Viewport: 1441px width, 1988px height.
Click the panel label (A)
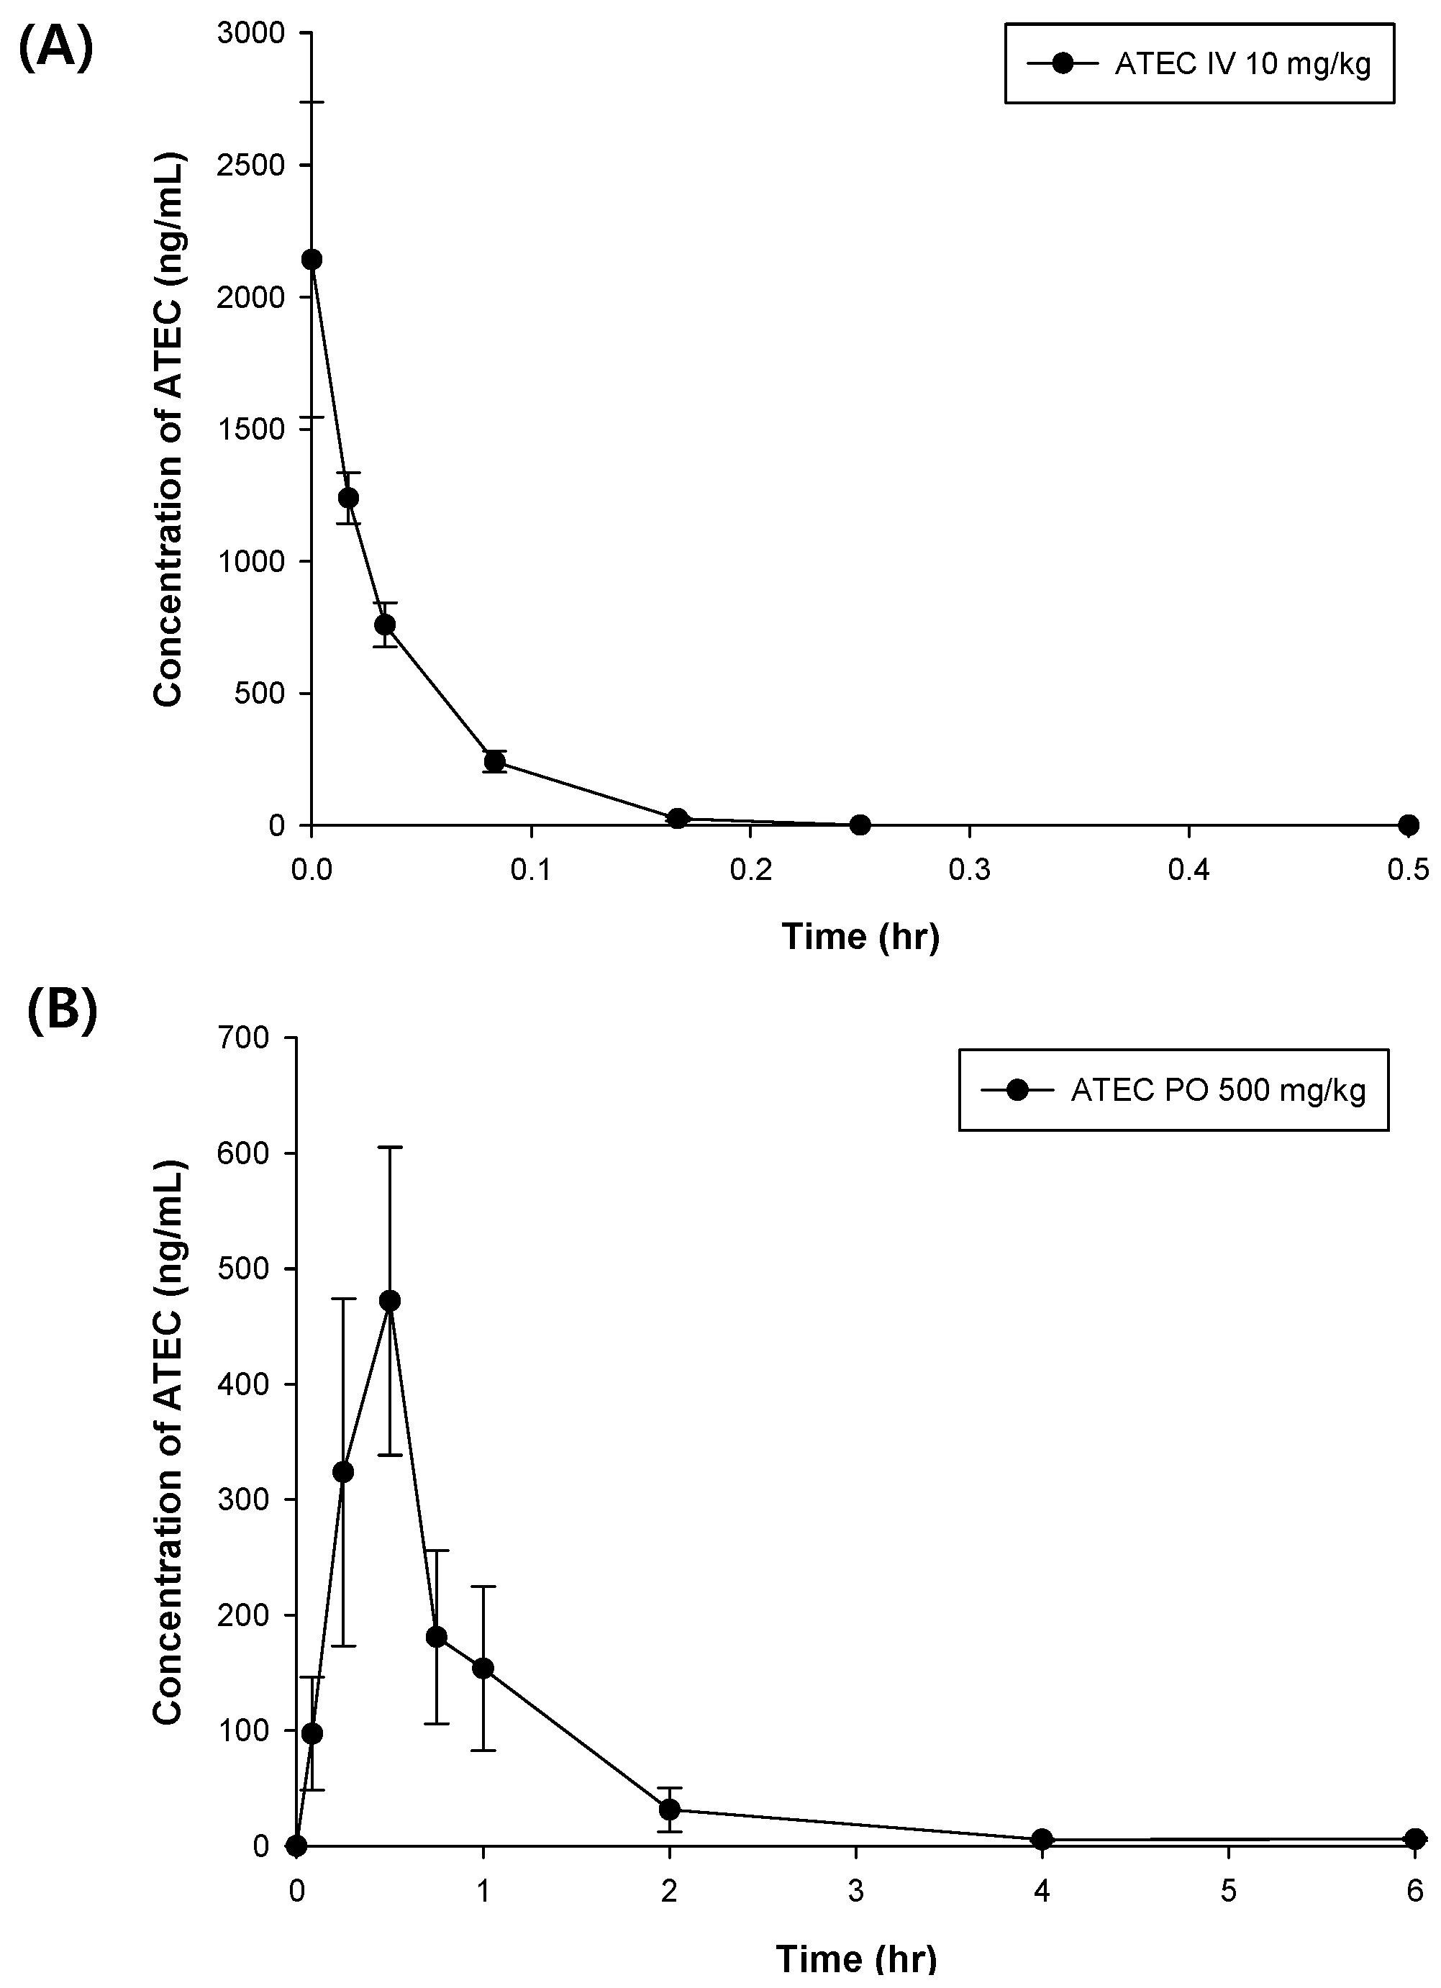pyautogui.click(x=55, y=47)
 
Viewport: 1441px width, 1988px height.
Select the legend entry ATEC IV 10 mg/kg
pyautogui.click(x=1199, y=64)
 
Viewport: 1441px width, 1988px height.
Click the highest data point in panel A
pyautogui.click(x=312, y=260)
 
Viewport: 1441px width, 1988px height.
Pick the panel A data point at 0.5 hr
pyautogui.click(x=1409, y=825)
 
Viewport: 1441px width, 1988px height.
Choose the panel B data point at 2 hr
pyautogui.click(x=670, y=1809)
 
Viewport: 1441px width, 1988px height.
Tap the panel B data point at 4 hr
pyautogui.click(x=1042, y=1839)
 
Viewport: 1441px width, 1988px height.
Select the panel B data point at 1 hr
pyautogui.click(x=483, y=1668)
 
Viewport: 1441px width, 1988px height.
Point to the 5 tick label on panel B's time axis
pyautogui.click(x=1228, y=1892)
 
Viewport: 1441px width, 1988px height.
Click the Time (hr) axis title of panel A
pyautogui.click(x=860, y=936)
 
